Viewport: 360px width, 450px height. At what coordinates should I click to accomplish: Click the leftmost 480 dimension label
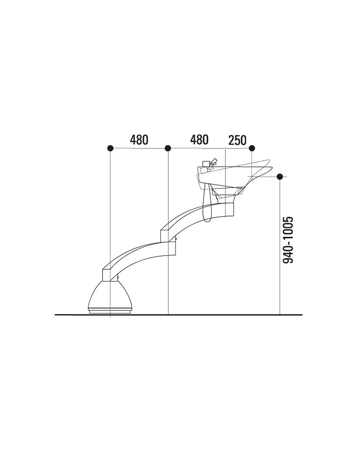pos(139,140)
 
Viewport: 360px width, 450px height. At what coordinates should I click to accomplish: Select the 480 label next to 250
pos(199,140)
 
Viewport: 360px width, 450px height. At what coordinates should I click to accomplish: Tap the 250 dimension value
pos(238,140)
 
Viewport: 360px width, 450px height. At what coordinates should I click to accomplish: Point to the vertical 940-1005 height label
pos(288,240)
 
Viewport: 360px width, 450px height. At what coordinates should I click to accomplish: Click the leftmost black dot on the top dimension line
pos(110,148)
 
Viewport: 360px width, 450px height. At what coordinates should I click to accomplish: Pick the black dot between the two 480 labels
pos(168,148)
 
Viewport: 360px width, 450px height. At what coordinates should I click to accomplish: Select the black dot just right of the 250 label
pos(252,148)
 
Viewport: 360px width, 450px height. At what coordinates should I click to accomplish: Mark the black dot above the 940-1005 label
pos(280,176)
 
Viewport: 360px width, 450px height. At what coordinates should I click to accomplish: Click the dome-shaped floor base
pos(110,295)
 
